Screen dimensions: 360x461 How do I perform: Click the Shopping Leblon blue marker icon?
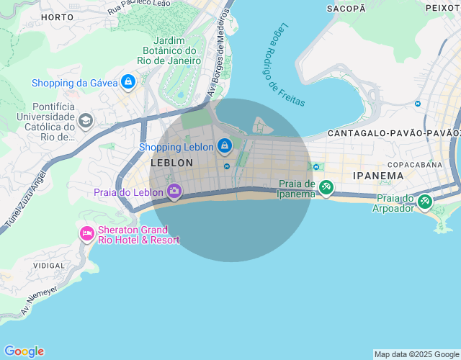pyautogui.click(x=225, y=146)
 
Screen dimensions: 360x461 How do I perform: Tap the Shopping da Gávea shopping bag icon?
pyautogui.click(x=127, y=82)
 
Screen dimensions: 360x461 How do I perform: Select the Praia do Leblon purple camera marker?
pyautogui.click(x=174, y=192)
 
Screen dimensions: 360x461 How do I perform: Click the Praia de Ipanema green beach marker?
pyautogui.click(x=326, y=188)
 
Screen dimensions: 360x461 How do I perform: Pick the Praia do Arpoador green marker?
pyautogui.click(x=424, y=202)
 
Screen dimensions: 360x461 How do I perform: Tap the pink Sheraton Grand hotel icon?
pyautogui.click(x=87, y=233)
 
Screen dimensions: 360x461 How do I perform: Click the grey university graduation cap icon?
pyautogui.click(x=86, y=120)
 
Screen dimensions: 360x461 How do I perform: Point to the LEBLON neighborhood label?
pyautogui.click(x=171, y=163)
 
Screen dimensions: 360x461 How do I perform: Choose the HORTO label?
pyautogui.click(x=58, y=17)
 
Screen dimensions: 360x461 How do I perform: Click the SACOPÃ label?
pyautogui.click(x=346, y=9)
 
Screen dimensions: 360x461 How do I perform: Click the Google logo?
pyautogui.click(x=24, y=351)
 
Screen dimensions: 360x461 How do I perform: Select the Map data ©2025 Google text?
pyautogui.click(x=416, y=354)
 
